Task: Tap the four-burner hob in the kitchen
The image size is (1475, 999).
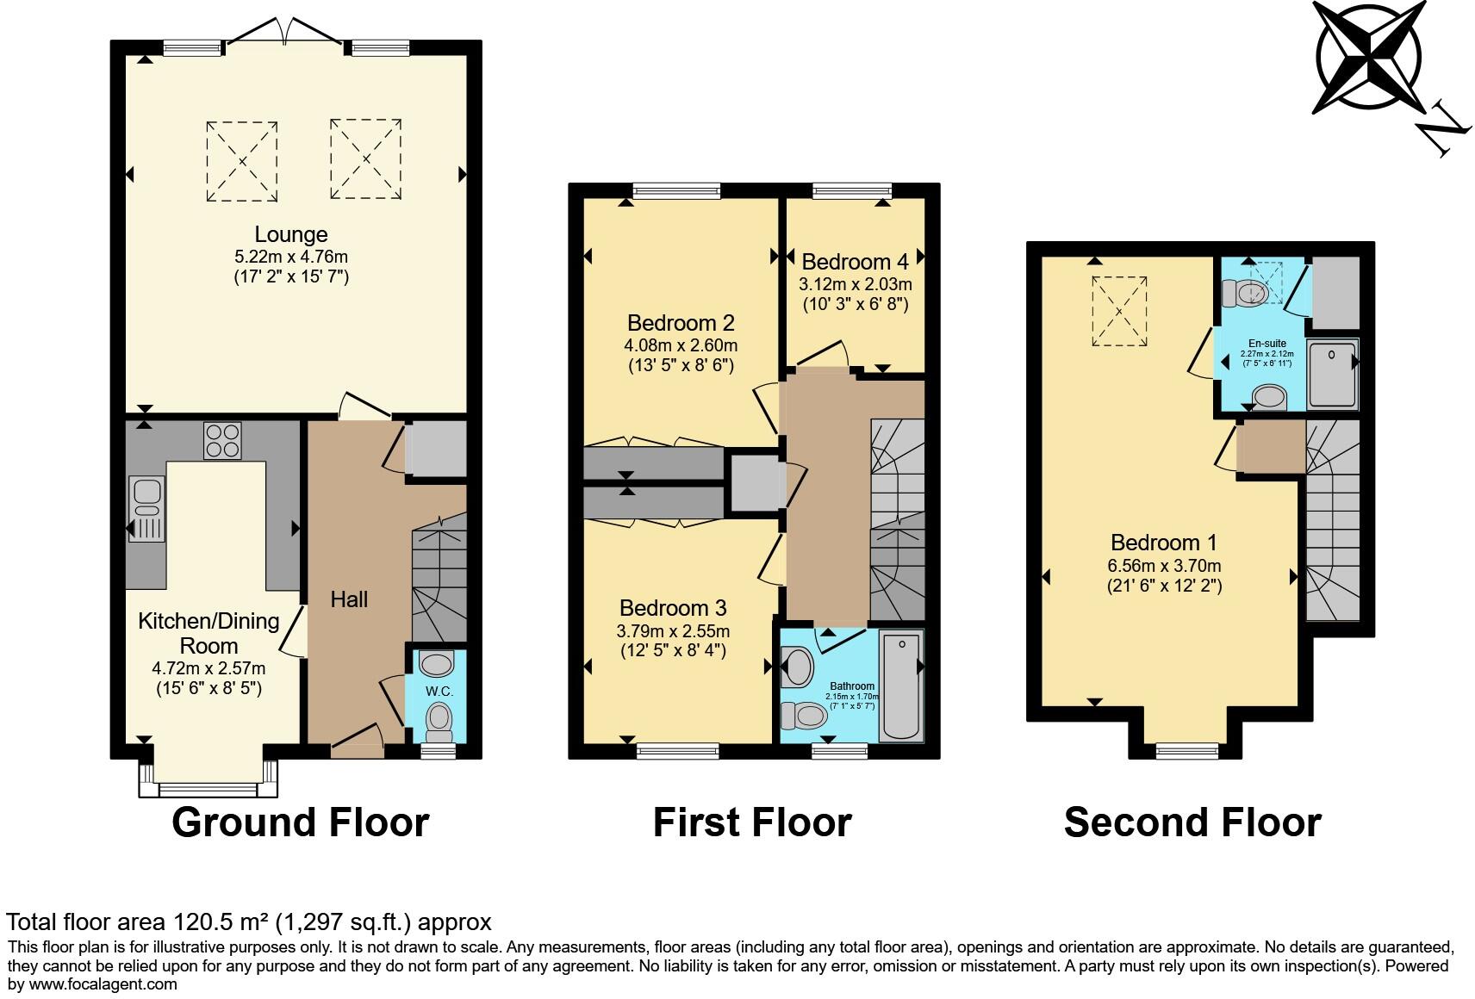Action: coord(222,441)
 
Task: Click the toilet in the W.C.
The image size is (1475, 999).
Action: coord(439,720)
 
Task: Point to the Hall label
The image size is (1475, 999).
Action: coord(349,599)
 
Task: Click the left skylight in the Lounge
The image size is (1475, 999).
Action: coord(242,161)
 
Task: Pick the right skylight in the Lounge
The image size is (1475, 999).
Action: coord(365,159)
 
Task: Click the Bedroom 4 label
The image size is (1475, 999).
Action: coord(855,262)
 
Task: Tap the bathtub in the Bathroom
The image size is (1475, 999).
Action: coord(900,686)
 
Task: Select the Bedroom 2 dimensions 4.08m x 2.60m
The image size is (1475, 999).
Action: coord(681,345)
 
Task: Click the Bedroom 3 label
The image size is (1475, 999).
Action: coord(673,608)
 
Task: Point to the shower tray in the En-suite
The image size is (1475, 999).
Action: coord(1332,374)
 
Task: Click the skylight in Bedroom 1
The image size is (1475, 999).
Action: coord(1119,311)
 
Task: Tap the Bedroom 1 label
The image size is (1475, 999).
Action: coord(1163,543)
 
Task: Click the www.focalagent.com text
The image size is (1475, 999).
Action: coord(103,983)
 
